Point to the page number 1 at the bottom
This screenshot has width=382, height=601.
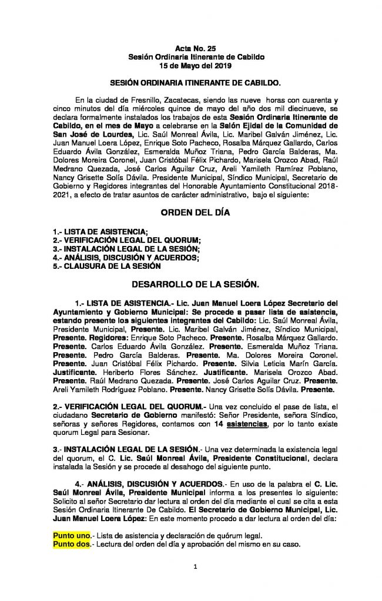192,566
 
